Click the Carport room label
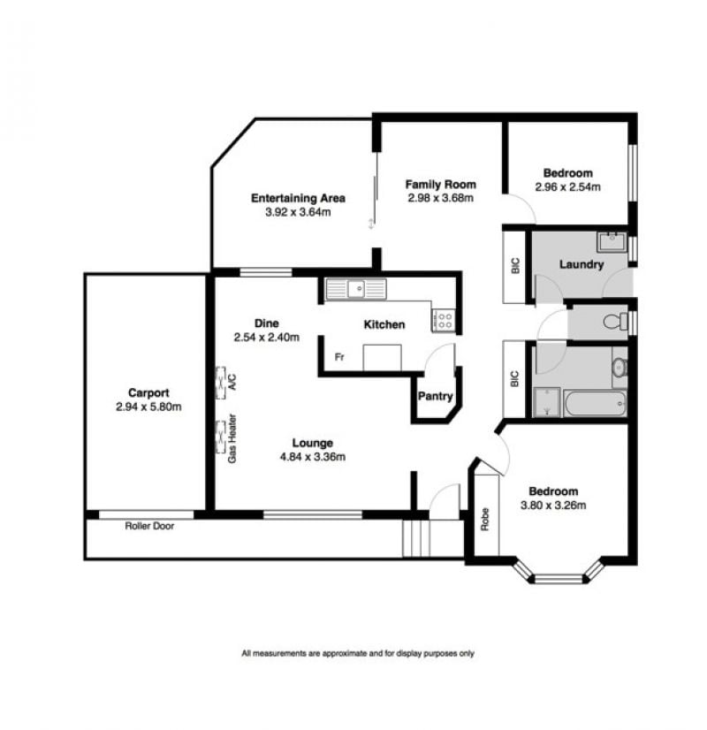(148, 392)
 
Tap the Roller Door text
(149, 526)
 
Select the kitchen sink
(356, 289)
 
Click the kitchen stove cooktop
(443, 321)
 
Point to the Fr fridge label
(339, 357)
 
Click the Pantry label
(435, 396)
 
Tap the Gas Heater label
(232, 438)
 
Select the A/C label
(232, 382)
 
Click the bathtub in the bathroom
(595, 404)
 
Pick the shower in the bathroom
(546, 401)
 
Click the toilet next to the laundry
(615, 321)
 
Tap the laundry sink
(612, 241)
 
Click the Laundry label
(582, 264)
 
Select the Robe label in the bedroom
(485, 519)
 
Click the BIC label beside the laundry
(514, 266)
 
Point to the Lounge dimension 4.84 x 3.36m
(312, 457)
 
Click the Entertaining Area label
(298, 198)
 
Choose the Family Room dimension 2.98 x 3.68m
(440, 198)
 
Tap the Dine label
(266, 323)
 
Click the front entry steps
(415, 538)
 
